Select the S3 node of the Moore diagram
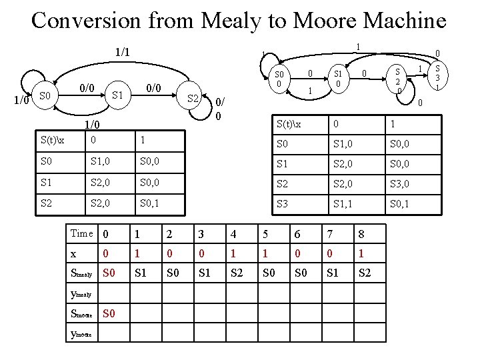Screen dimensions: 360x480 pyautogui.click(x=436, y=77)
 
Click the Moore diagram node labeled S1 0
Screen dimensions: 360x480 pyautogui.click(x=337, y=79)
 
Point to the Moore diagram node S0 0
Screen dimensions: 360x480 pyautogui.click(x=279, y=79)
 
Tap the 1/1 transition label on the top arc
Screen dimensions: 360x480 pyautogui.click(x=122, y=52)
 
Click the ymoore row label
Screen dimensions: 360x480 pyautogui.click(x=81, y=333)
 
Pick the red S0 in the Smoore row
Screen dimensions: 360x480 pyautogui.click(x=109, y=313)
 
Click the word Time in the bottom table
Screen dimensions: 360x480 pyautogui.click(x=81, y=233)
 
